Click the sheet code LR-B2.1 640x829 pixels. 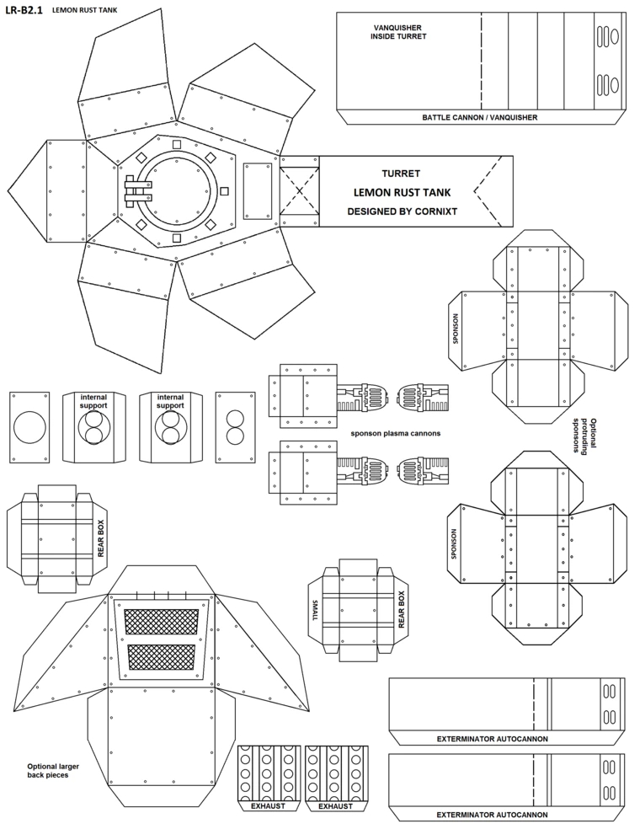pyautogui.click(x=24, y=10)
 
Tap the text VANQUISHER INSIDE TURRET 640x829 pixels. pyautogui.click(x=398, y=32)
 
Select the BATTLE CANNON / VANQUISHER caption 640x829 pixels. pyautogui.click(x=479, y=117)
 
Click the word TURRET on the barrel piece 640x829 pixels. pyautogui.click(x=401, y=174)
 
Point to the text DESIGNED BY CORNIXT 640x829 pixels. pyautogui.click(x=403, y=211)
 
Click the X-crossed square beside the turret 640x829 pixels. pyautogui.click(x=299, y=191)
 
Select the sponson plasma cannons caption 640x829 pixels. pyautogui.click(x=395, y=433)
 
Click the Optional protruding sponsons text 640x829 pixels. pyautogui.click(x=585, y=436)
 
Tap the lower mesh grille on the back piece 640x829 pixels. pyautogui.click(x=162, y=657)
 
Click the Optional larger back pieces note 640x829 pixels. pyautogui.click(x=53, y=770)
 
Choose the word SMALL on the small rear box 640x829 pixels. pyautogui.click(x=316, y=610)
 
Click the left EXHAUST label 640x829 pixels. pyautogui.click(x=268, y=806)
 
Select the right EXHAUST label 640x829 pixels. pyautogui.click(x=336, y=806)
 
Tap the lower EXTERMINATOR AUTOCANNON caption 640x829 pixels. pyautogui.click(x=492, y=815)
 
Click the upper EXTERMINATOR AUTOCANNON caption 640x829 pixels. pyautogui.click(x=492, y=739)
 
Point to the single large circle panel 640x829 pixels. pyautogui.click(x=29, y=428)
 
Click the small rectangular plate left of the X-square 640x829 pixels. pyautogui.click(x=258, y=191)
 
